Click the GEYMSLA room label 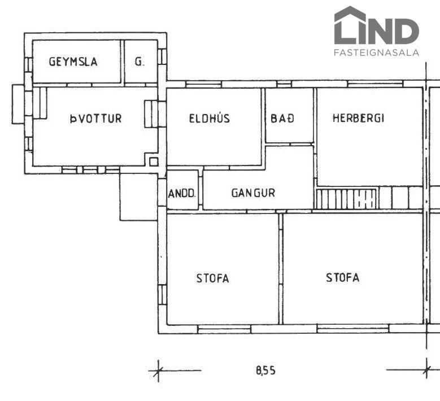point(73,62)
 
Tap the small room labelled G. point(140,62)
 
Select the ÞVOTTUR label point(95,119)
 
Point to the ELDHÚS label point(210,118)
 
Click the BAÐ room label point(282,118)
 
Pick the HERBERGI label point(358,118)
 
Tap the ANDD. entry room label point(182,193)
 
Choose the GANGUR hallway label point(253,193)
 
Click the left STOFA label point(213,278)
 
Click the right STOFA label point(343,277)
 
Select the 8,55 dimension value point(265,371)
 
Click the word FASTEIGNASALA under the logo point(376,53)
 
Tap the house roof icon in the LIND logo point(350,13)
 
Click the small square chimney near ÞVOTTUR point(154,162)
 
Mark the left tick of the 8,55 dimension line point(158,371)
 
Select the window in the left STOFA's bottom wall point(224,329)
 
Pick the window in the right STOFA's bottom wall point(353,329)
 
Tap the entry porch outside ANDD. point(139,197)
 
